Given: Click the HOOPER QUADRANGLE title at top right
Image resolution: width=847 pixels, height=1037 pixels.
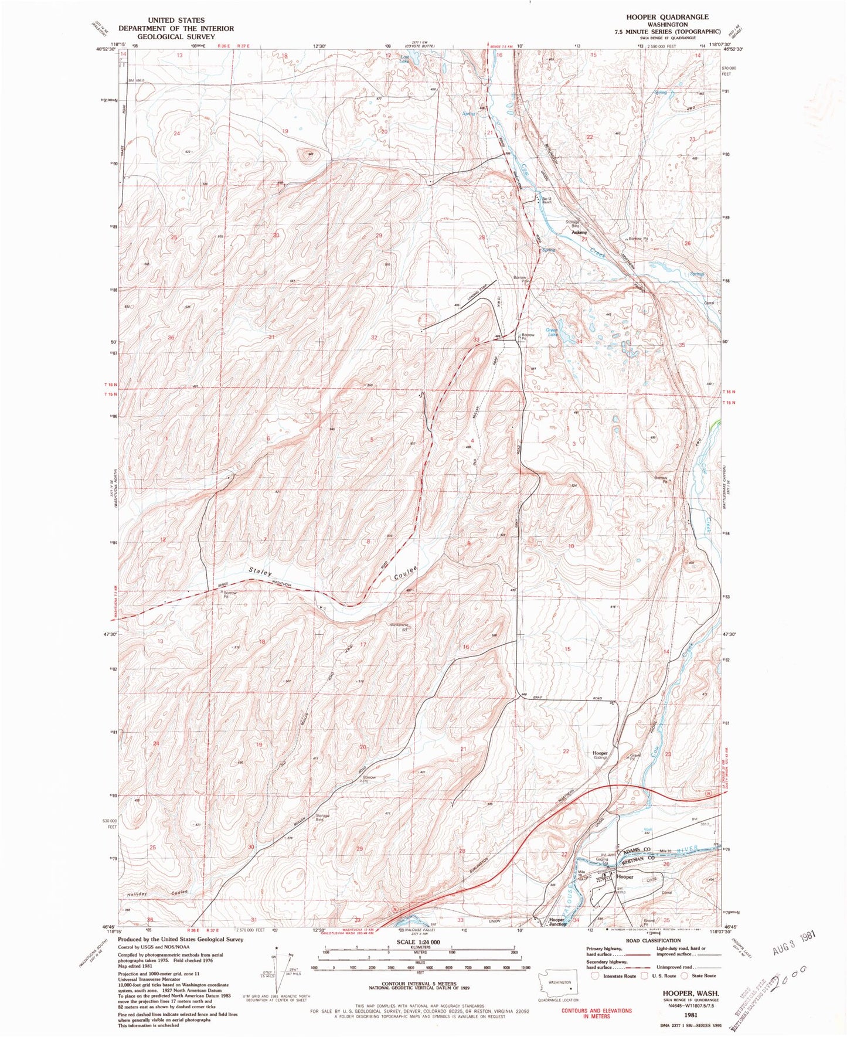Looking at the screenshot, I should [676, 17].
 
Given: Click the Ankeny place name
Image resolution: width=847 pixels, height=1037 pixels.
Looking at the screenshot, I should [579, 232].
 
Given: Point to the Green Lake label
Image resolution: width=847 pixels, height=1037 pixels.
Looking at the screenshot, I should [552, 332].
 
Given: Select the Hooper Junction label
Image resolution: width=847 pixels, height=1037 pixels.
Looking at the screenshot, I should [556, 920].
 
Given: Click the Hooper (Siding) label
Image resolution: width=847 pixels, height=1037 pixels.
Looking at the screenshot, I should [600, 755].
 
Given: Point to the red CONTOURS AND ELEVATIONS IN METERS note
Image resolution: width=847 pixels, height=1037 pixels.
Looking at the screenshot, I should [597, 1013].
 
